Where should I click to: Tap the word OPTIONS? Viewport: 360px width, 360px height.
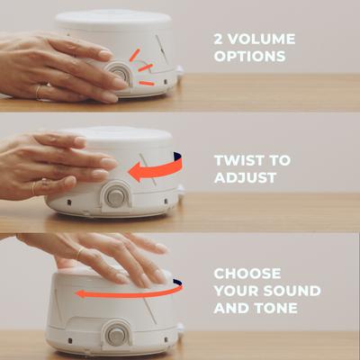[249, 57]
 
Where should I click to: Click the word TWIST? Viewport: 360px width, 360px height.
[239, 160]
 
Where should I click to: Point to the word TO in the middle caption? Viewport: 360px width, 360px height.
[280, 160]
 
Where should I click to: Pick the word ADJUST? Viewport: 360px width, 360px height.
[245, 177]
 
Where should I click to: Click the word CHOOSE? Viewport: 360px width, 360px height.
[247, 273]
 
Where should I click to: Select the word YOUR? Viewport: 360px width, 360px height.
[236, 290]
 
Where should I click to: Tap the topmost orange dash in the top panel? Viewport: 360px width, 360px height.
[134, 54]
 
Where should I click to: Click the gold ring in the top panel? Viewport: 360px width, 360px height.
[38, 90]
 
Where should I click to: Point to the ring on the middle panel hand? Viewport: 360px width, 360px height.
[35, 187]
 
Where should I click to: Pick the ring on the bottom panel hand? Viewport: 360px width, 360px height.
[79, 254]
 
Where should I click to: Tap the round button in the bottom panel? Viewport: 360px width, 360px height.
[116, 336]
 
